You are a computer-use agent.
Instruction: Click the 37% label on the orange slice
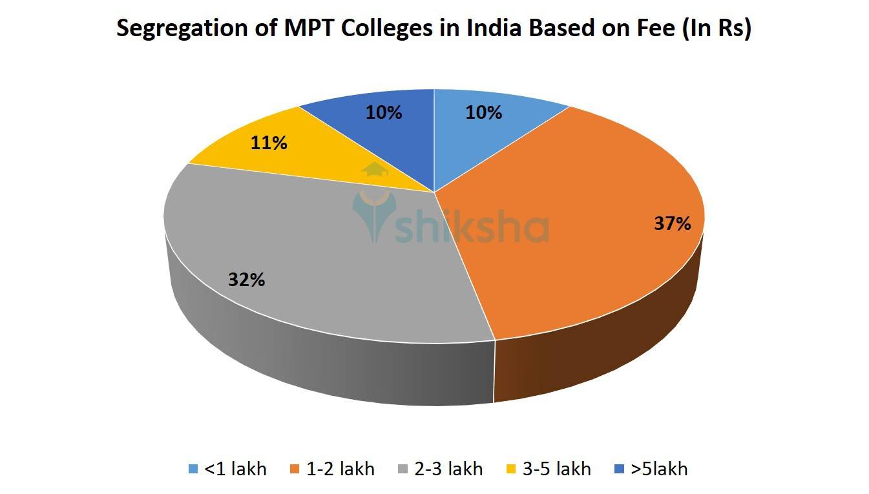pos(673,224)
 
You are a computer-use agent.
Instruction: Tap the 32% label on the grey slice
pos(246,280)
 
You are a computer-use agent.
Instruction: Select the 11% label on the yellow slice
pos(269,143)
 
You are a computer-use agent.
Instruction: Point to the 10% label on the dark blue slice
pos(384,112)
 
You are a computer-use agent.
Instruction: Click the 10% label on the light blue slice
pos(483,112)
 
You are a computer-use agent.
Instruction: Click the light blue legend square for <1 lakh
pos(193,469)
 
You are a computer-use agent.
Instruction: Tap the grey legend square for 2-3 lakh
pos(404,469)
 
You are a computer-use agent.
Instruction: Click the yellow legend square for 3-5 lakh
pos(512,469)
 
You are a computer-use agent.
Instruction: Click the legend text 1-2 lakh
pos(340,468)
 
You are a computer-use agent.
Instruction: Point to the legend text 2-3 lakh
pos(448,468)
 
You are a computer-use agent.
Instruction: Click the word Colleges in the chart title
pos(369,30)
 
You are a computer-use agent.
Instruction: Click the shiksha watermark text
pos(472,227)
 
